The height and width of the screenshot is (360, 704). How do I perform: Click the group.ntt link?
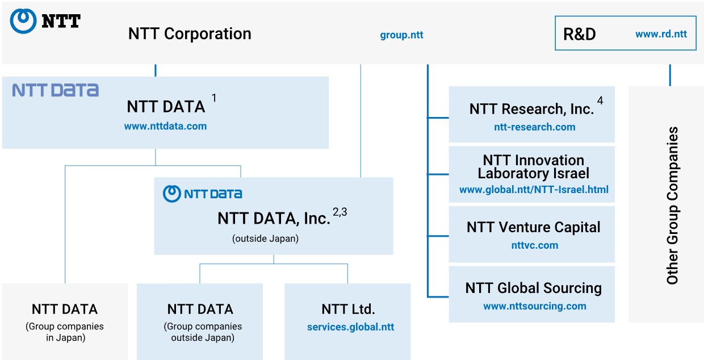(x=401, y=35)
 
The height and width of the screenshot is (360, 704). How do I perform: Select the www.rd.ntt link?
(x=661, y=34)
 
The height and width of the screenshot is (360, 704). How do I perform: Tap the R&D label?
(x=579, y=34)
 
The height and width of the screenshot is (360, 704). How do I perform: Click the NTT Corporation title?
(x=190, y=34)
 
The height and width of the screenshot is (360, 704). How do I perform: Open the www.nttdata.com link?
(x=165, y=126)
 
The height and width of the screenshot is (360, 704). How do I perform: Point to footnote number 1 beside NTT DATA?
(x=214, y=98)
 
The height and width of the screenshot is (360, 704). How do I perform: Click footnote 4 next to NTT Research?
(x=600, y=101)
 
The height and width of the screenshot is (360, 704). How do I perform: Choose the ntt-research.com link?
(x=535, y=127)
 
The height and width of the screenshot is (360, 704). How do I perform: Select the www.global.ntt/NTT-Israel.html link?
(x=534, y=190)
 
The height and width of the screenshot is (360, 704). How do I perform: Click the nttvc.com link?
(x=535, y=245)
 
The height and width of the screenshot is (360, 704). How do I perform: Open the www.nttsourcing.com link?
(x=535, y=306)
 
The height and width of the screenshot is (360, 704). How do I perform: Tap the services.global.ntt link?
(x=350, y=327)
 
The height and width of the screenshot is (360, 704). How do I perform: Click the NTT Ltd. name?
(x=348, y=309)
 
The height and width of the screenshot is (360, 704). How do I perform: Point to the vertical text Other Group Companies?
(x=672, y=206)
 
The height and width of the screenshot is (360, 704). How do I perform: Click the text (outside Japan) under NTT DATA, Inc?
(x=265, y=238)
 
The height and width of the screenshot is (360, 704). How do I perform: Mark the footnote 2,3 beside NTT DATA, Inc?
(x=340, y=212)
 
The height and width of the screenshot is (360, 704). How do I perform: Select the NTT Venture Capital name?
(x=533, y=227)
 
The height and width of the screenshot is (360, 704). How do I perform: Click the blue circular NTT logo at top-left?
(x=23, y=21)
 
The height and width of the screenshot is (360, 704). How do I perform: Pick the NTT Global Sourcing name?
(x=533, y=288)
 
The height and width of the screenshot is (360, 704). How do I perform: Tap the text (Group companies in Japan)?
(x=65, y=332)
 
